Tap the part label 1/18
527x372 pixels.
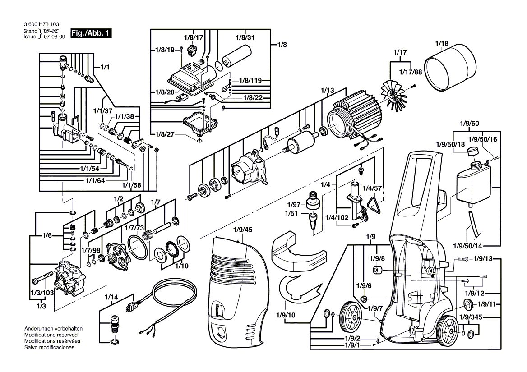point(442,44)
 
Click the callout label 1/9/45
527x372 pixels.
point(243,230)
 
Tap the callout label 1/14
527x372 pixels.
point(111,297)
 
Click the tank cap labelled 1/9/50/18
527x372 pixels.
point(472,151)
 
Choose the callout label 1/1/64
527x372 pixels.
point(95,181)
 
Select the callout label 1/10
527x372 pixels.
point(181,266)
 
